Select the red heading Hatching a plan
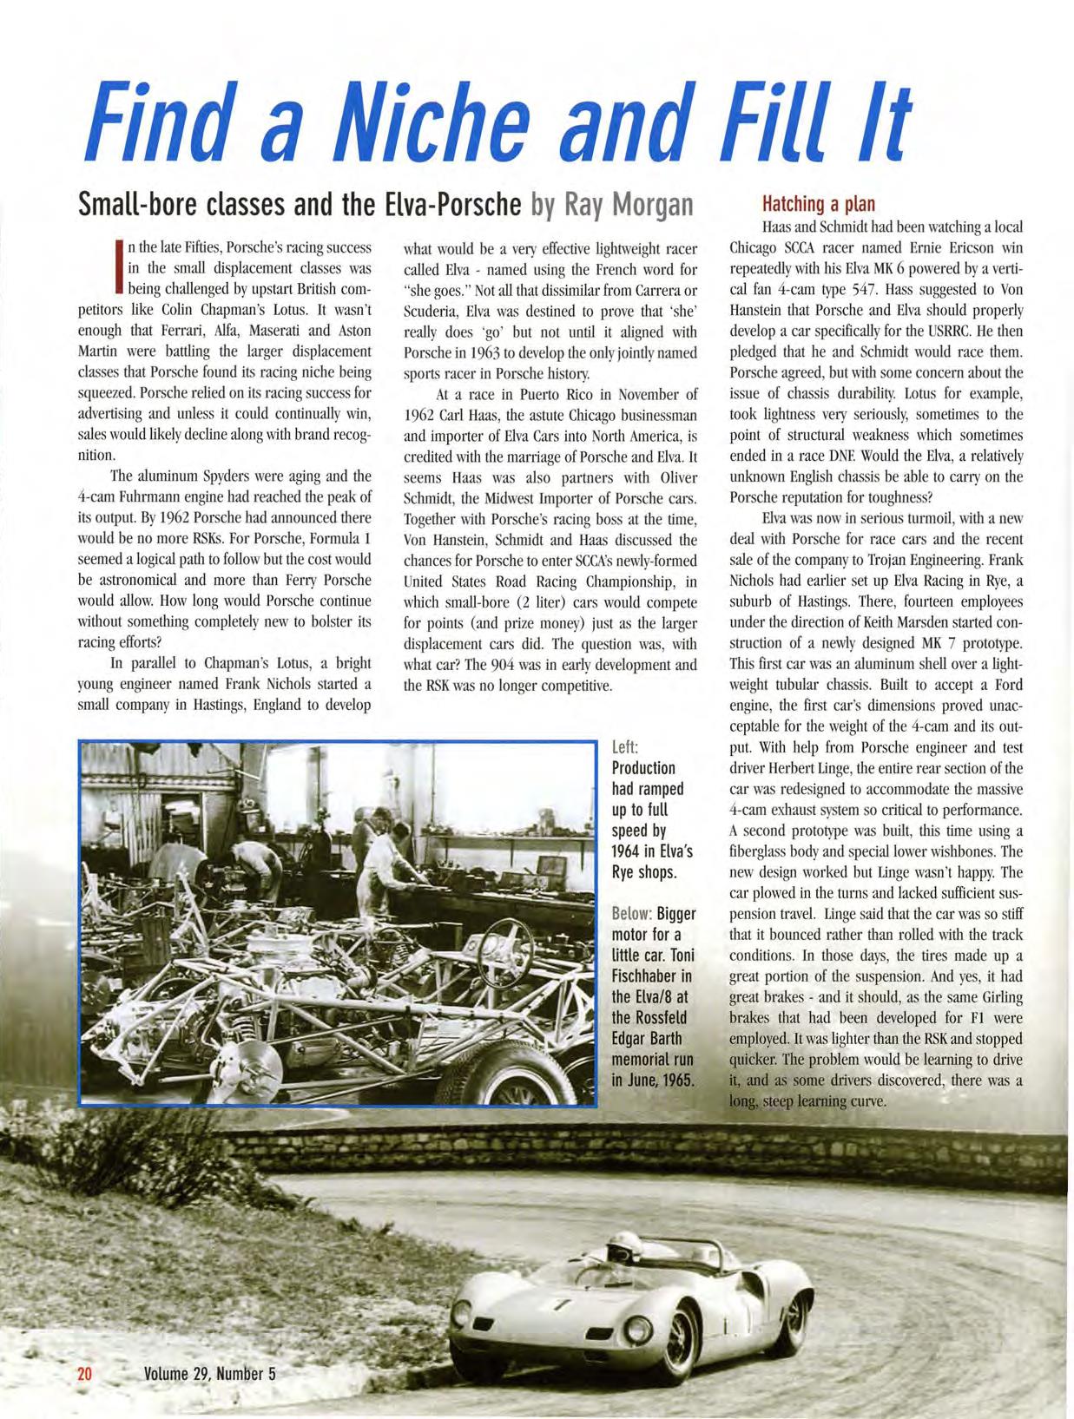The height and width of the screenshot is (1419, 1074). [818, 204]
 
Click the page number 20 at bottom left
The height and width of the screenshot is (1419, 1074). [85, 1374]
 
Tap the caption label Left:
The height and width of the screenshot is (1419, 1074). [625, 747]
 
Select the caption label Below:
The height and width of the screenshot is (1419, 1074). [631, 914]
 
